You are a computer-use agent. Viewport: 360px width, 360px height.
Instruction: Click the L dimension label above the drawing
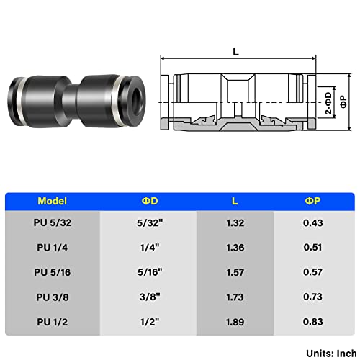tap(235, 51)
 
